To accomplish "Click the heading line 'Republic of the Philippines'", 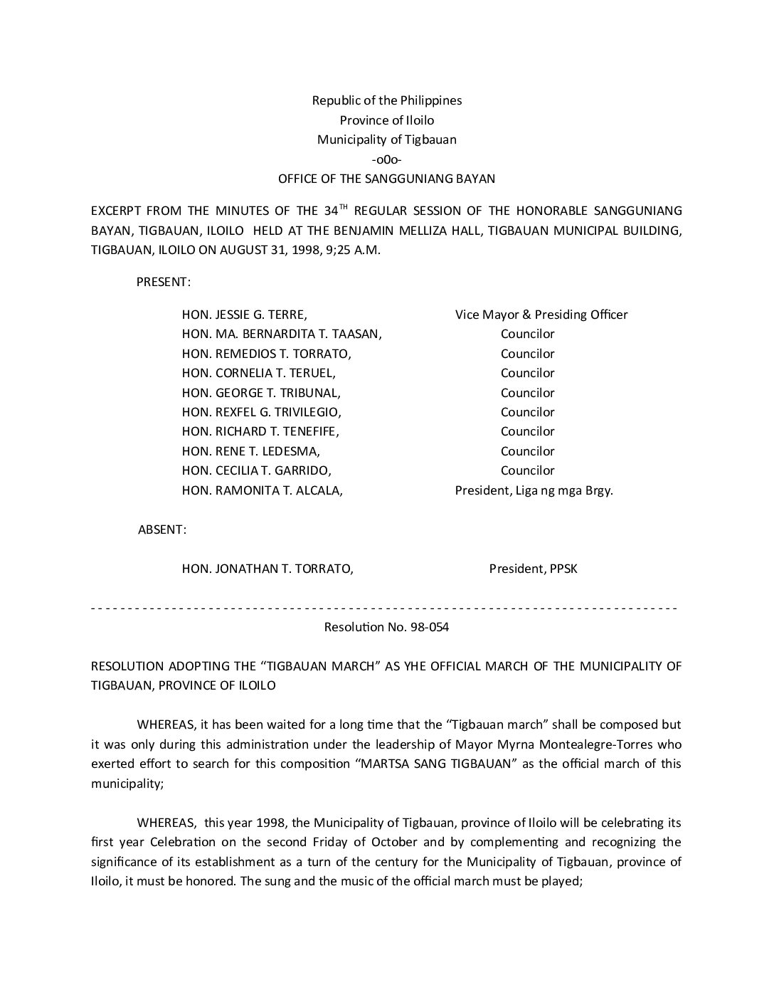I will (x=386, y=100).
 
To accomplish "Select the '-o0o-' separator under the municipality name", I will (x=386, y=159).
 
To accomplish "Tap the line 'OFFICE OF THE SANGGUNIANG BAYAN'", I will (x=386, y=179).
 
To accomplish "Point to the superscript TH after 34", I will (x=344, y=206).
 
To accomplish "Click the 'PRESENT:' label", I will (x=163, y=282).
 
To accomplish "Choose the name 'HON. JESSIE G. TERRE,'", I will (x=245, y=315).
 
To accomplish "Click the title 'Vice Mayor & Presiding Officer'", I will (x=541, y=315).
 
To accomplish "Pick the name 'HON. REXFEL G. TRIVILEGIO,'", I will (x=262, y=412).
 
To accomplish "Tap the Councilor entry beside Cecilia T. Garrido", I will (x=527, y=470).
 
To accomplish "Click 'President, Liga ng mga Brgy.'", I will (x=534, y=490).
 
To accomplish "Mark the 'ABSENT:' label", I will (x=162, y=529).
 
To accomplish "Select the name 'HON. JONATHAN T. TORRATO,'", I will (x=267, y=569).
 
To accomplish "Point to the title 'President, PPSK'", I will (x=533, y=569).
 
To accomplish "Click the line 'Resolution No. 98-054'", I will (x=386, y=628).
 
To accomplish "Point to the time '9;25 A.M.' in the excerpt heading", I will (x=356, y=250).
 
